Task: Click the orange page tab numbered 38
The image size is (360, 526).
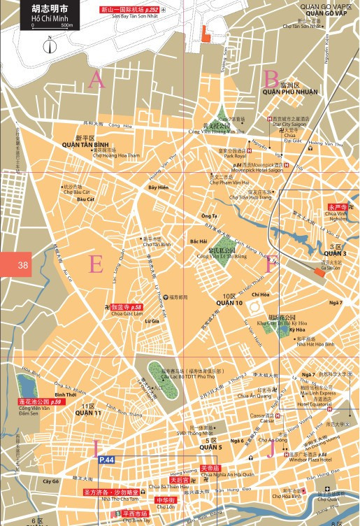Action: (x=22, y=265)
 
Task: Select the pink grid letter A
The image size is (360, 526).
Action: (x=96, y=80)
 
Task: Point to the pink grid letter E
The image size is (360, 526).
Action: (x=96, y=264)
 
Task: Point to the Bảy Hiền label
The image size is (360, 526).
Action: (x=159, y=188)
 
